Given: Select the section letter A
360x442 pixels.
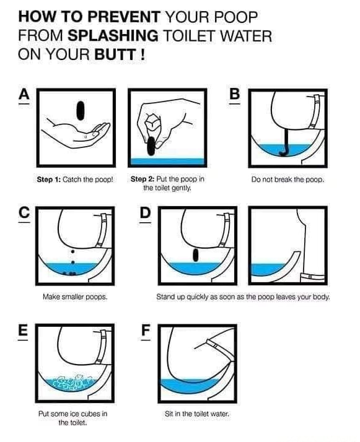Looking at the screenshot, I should coord(24,95).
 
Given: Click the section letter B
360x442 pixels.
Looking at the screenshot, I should coord(234,95).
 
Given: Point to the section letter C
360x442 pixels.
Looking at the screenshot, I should coord(24,212).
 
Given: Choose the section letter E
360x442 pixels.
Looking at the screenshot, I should coord(24,330).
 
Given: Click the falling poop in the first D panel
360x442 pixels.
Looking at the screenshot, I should coord(195,254).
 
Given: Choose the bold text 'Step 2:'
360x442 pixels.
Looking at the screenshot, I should coord(143,180).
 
